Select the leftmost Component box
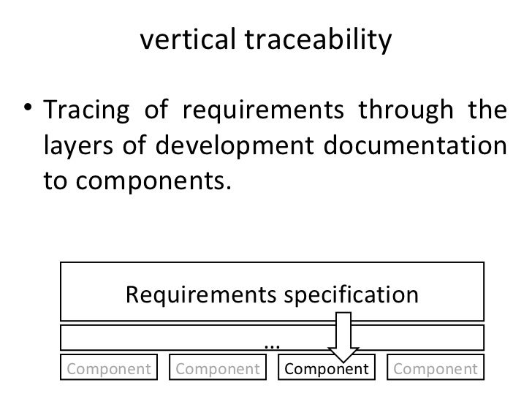click(x=109, y=368)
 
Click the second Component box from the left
click(x=218, y=368)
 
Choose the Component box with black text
click(x=327, y=368)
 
